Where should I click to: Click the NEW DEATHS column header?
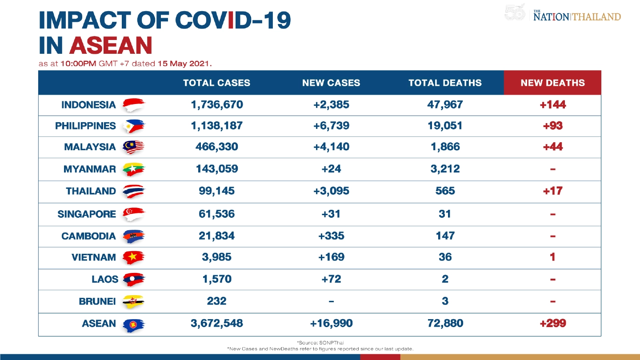tap(552, 83)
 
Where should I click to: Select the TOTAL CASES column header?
tap(216, 83)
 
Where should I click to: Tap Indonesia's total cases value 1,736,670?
tap(216, 105)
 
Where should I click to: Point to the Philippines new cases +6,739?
tap(331, 126)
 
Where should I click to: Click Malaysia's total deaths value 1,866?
tap(444, 147)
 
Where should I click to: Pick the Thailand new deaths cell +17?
tap(552, 191)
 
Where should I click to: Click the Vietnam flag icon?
tap(133, 257)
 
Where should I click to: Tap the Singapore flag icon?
tap(133, 214)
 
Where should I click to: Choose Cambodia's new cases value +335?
tap(331, 236)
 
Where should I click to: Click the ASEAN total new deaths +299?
tap(552, 324)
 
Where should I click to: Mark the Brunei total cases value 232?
tap(216, 301)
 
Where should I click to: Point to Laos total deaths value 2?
tap(444, 279)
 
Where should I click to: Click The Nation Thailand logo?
tap(576, 16)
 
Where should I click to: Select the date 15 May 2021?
tap(184, 64)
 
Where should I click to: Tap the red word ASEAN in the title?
tap(111, 45)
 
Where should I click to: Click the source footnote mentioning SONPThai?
tap(320, 343)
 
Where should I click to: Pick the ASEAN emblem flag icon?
tap(133, 324)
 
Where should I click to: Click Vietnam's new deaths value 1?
tap(552, 257)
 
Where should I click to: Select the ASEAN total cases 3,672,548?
tap(216, 324)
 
